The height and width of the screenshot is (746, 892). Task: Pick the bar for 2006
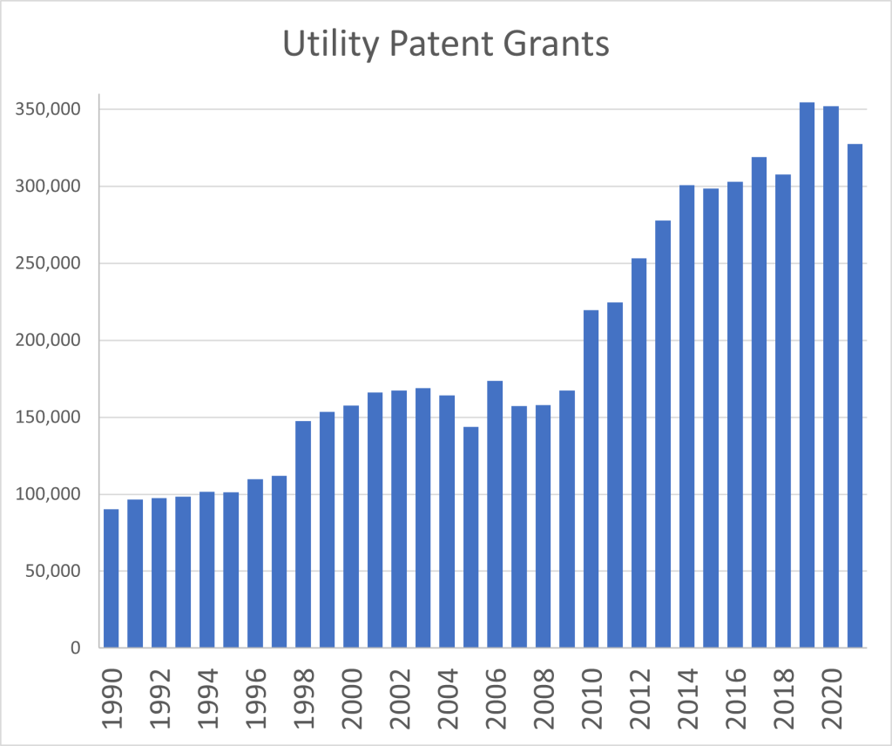(495, 514)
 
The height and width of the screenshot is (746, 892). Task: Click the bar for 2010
(591, 478)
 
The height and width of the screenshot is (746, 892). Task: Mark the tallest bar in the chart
(807, 375)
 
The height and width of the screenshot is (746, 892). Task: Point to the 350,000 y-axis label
(50, 110)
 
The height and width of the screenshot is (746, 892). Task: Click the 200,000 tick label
(50, 341)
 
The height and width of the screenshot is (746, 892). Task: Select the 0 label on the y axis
(77, 648)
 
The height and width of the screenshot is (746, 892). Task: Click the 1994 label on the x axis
(206, 694)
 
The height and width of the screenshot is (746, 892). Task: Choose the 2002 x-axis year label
(398, 694)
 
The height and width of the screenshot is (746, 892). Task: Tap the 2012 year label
(639, 694)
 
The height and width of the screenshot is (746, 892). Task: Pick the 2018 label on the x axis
(782, 694)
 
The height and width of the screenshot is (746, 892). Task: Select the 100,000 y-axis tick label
(50, 495)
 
